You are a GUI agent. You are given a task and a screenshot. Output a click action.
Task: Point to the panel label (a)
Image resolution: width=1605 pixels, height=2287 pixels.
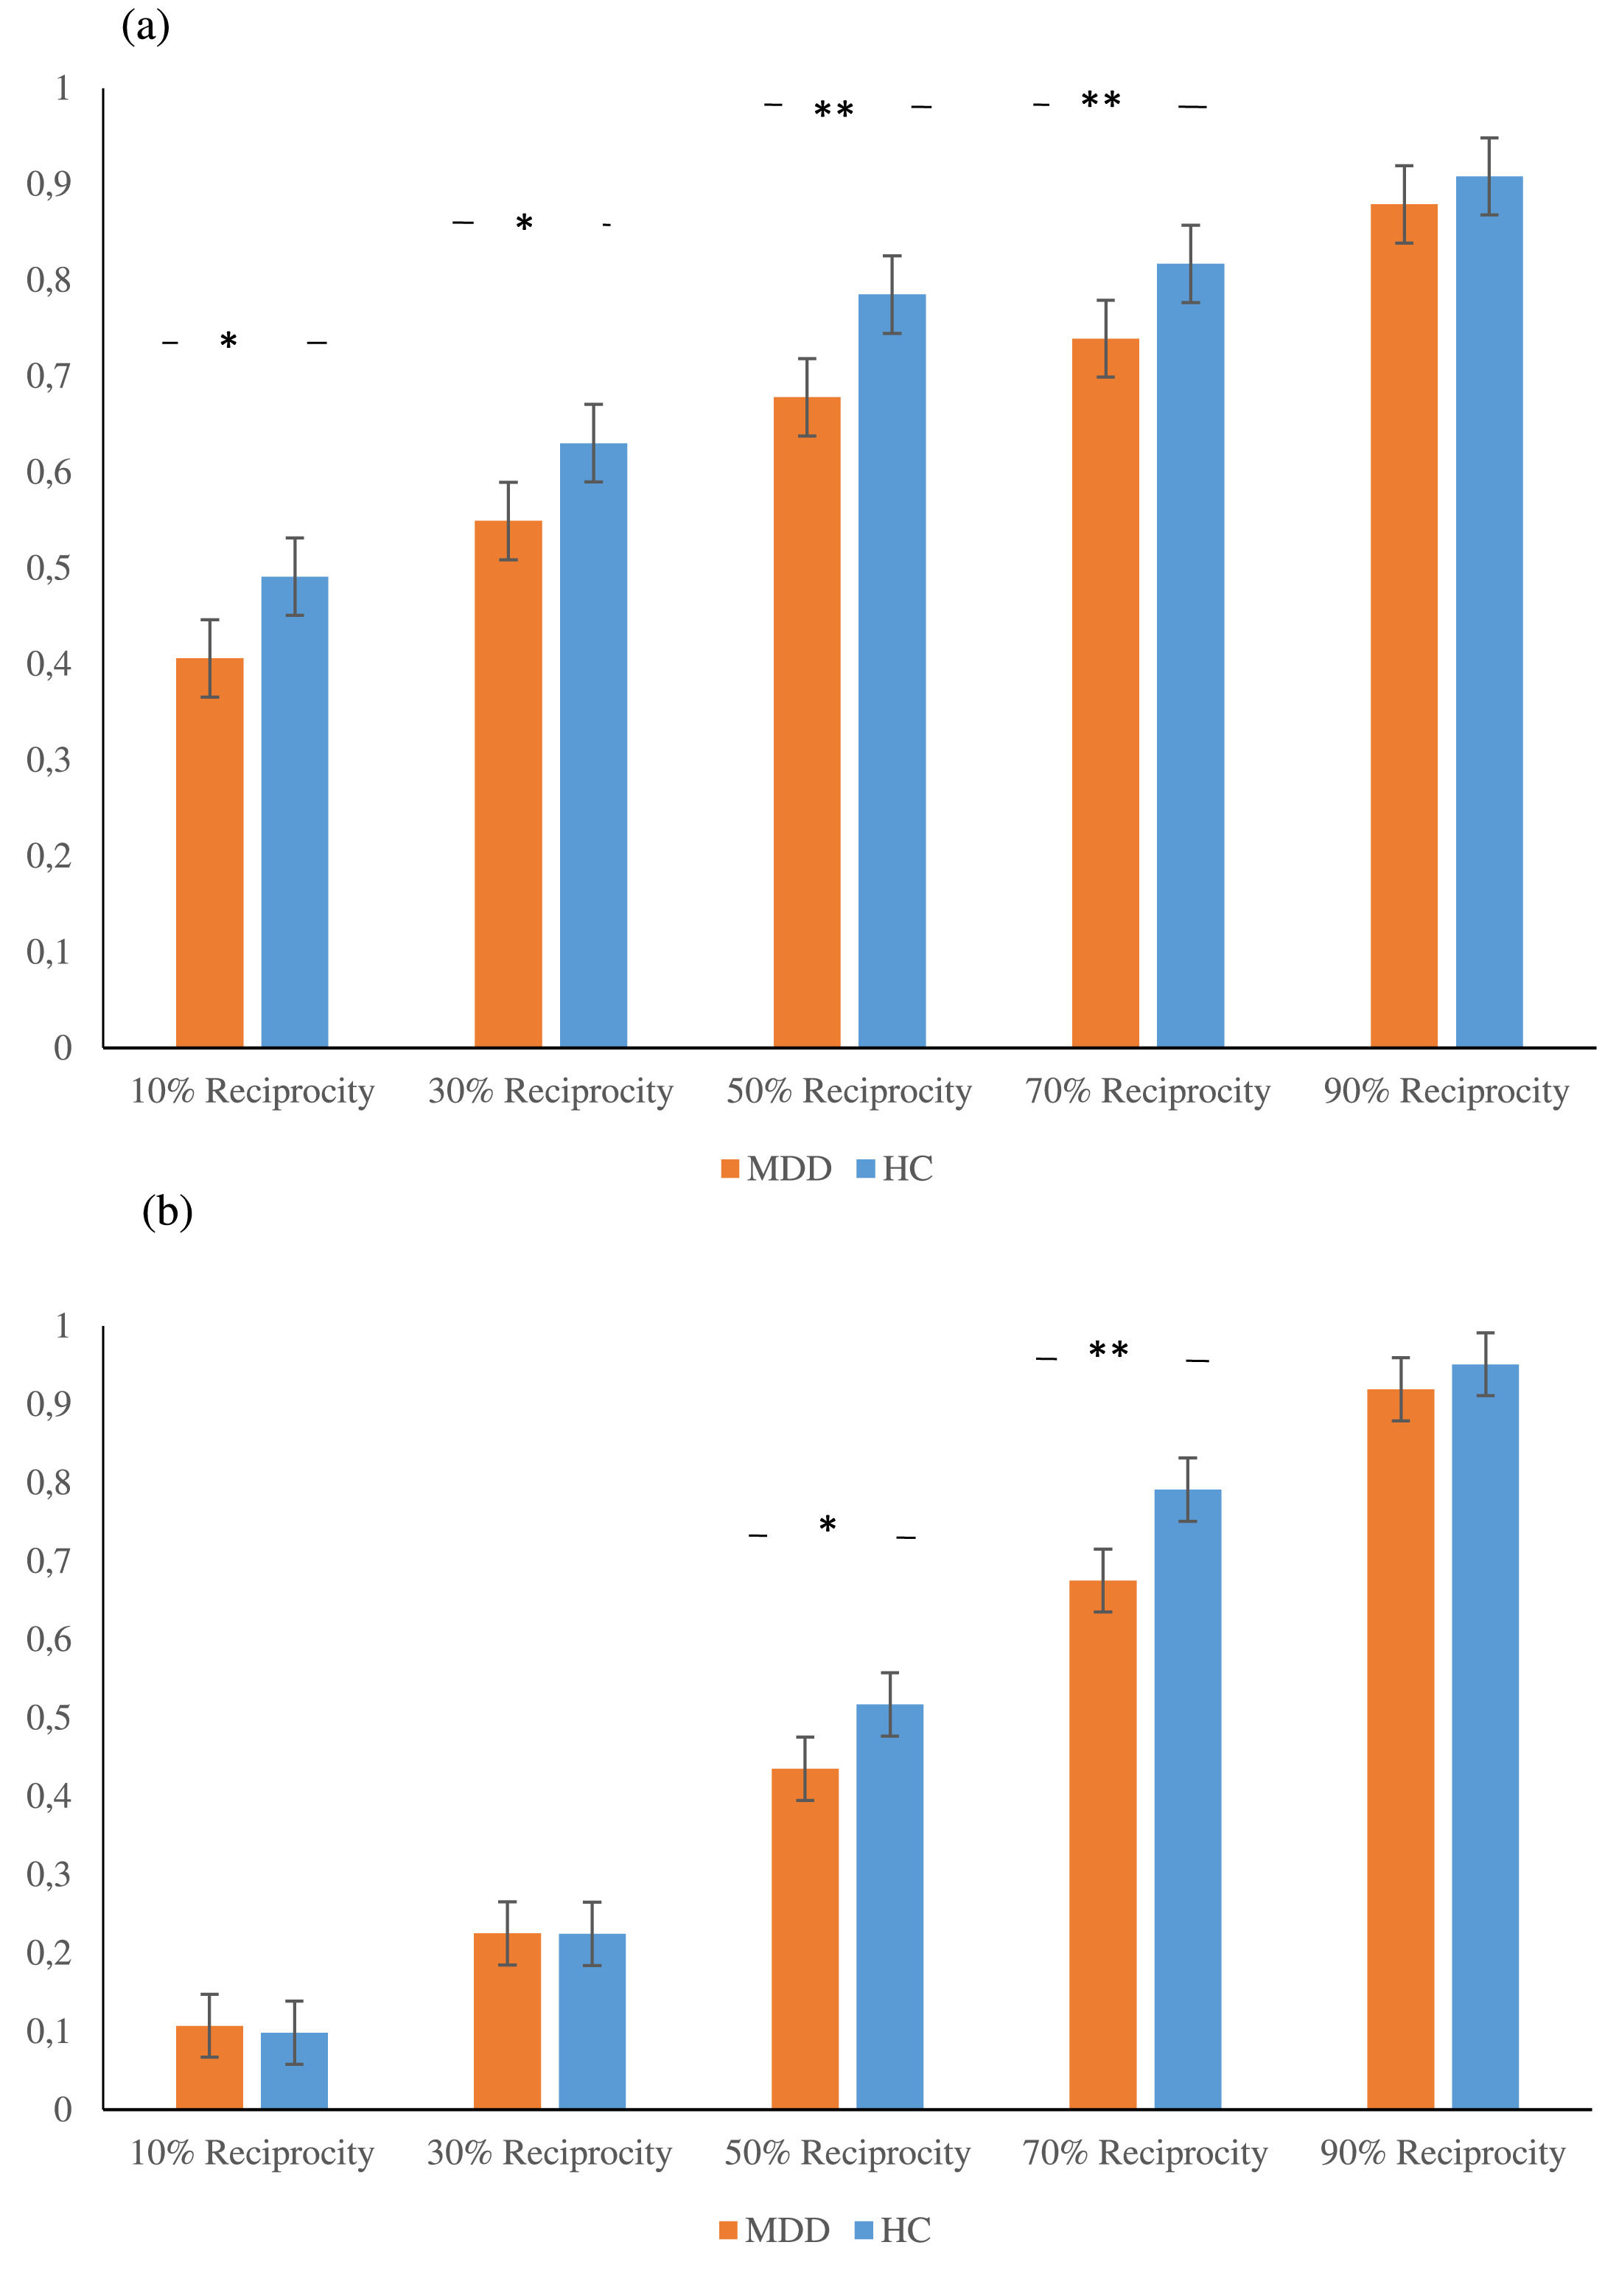coord(145,27)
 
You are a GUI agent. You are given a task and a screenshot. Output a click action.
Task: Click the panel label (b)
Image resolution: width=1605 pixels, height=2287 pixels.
coord(167,1212)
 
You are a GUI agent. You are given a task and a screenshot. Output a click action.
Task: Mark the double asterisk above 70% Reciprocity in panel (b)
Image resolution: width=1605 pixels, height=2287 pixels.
coord(1108,1351)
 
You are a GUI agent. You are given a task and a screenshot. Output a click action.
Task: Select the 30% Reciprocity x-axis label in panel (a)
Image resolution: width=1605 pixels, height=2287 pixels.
coord(550,1091)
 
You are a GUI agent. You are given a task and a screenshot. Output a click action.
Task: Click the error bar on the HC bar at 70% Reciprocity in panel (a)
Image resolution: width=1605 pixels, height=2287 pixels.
coord(1191,263)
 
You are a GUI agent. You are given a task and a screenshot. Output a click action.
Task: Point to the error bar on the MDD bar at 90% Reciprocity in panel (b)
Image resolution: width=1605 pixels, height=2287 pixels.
coord(1400,1389)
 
